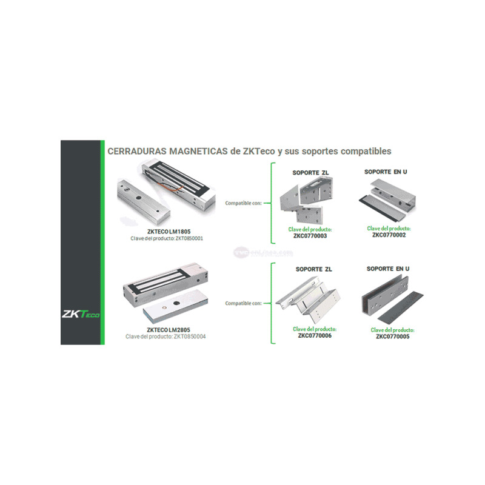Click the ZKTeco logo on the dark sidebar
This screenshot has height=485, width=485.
(81, 314)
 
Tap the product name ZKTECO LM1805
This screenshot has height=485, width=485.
(167, 231)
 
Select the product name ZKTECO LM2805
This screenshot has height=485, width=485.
(167, 330)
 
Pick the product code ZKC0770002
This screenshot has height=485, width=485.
(389, 235)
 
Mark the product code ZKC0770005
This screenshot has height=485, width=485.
(392, 336)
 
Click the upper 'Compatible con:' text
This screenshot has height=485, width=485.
(243, 203)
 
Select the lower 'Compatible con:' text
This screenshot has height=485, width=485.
(243, 303)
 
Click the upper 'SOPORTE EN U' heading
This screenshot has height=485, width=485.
(386, 172)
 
